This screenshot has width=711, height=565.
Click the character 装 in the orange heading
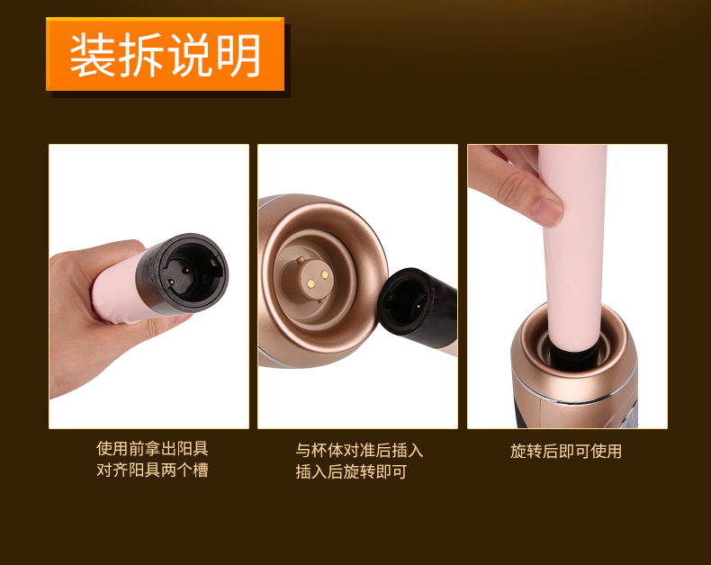93,55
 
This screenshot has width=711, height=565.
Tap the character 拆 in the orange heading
141,55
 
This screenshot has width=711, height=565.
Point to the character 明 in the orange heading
238,55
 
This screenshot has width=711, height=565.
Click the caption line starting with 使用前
152,448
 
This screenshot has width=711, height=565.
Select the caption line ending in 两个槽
152,470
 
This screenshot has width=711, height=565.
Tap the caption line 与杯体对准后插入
359,450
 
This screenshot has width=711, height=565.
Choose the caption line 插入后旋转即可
351,471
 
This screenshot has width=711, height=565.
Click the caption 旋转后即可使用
566,451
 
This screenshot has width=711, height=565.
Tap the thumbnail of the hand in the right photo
548,212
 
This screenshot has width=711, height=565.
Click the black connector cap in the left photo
184,274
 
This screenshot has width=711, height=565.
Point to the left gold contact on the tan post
310,284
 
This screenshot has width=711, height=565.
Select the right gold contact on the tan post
325,274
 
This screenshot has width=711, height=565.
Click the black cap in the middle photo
418,302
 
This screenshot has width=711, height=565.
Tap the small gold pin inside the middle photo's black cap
417,306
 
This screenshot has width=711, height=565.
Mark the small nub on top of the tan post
301,260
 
